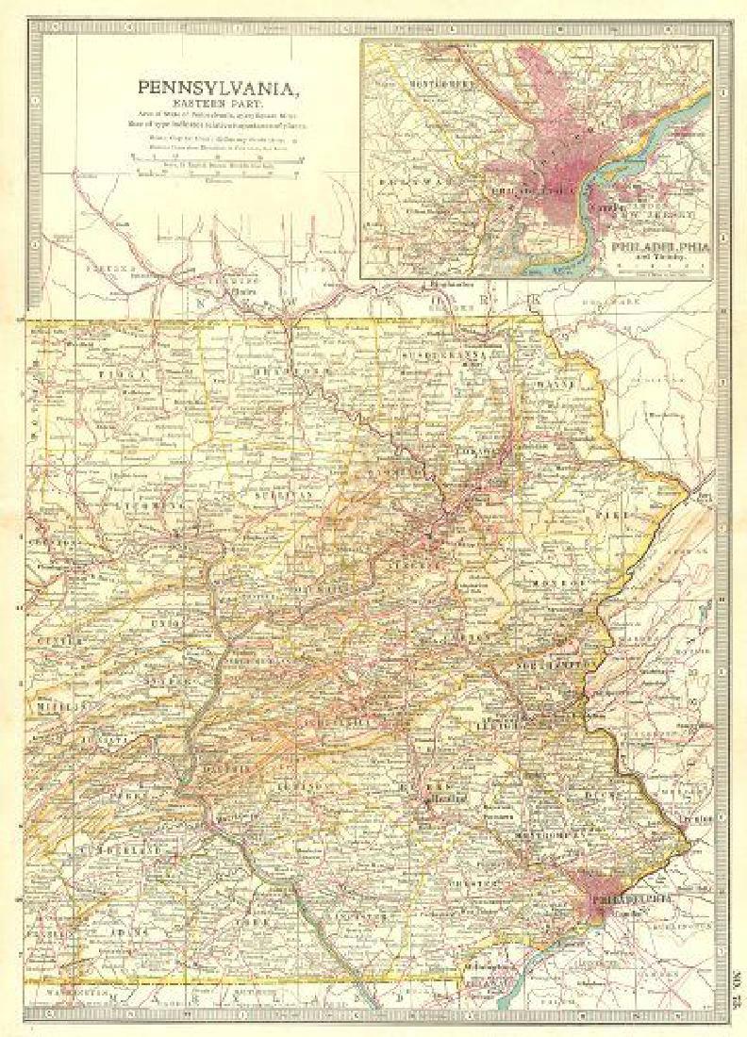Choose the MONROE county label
tap(551, 584)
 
